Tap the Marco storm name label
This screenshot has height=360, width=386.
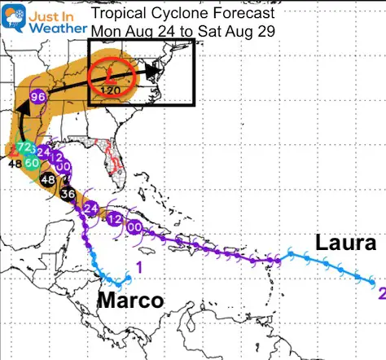pos(130,301)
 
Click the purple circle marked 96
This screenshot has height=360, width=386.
pos(37,97)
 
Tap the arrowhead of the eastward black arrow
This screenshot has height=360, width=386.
pos(153,70)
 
